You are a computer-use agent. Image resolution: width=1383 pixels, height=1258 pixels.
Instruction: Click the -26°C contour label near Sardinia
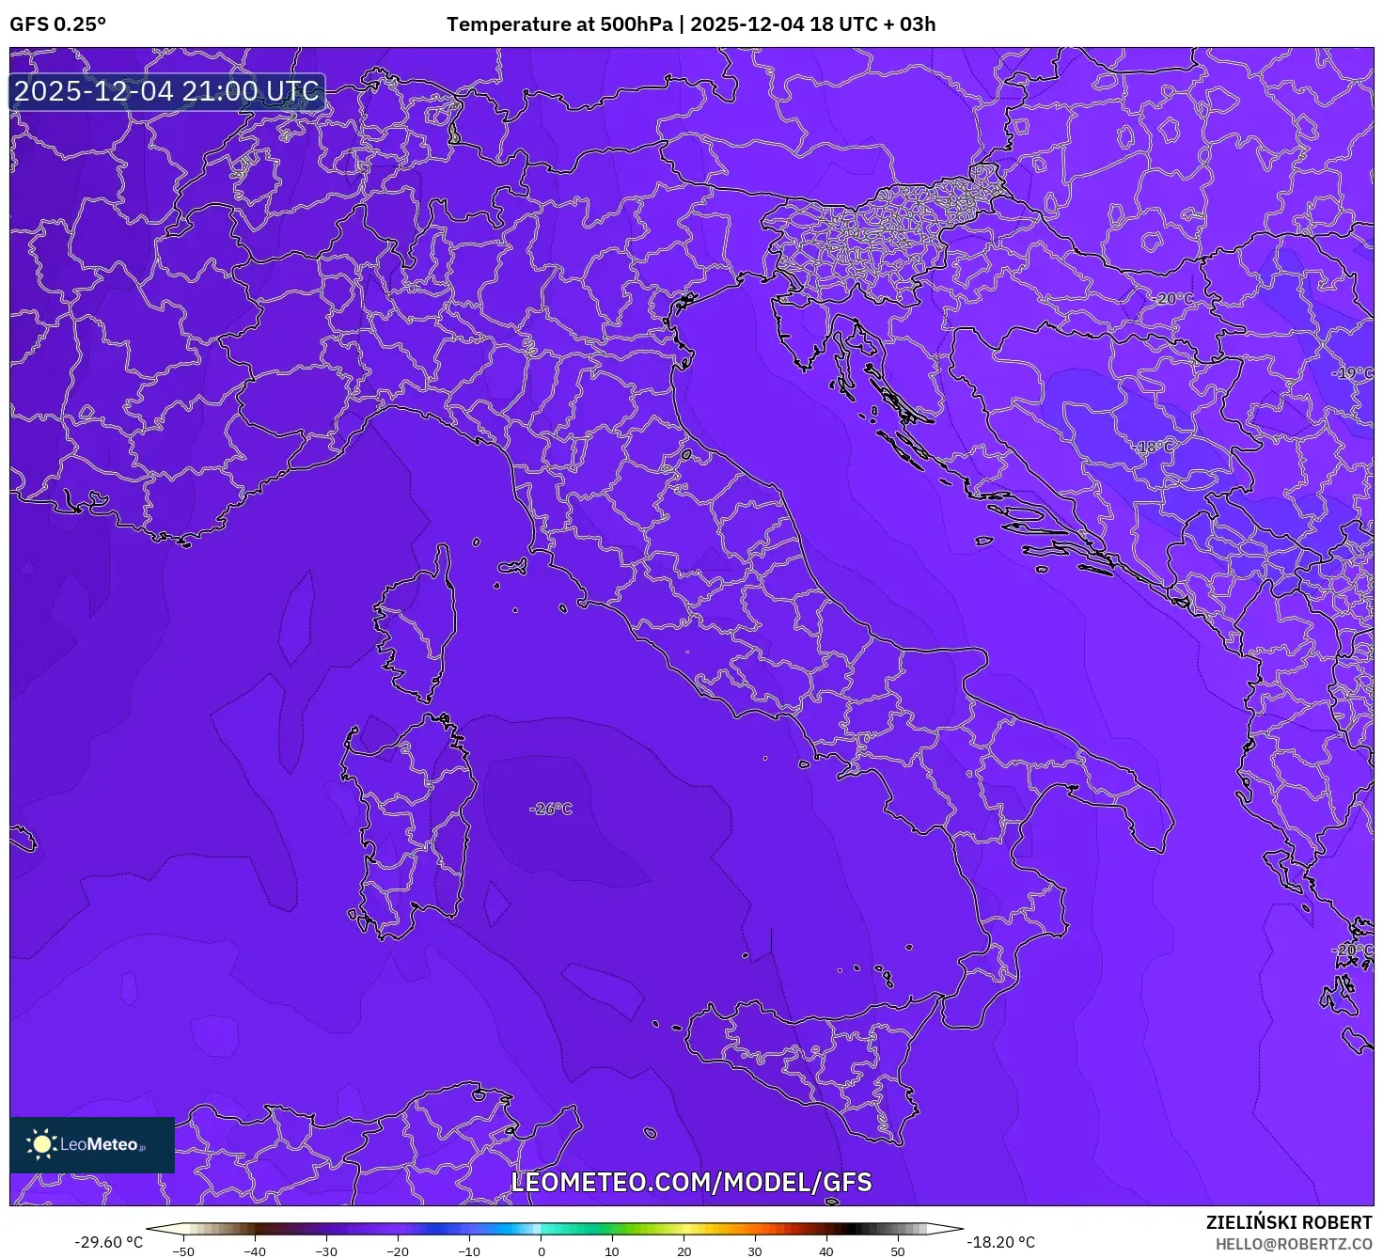coord(551,809)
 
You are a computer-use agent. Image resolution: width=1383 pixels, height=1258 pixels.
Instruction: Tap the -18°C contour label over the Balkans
coord(1155,448)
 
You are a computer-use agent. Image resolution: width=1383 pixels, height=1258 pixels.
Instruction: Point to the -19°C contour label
coord(1353,373)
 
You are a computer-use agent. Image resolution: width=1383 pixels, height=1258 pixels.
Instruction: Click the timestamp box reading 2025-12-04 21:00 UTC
coord(167,92)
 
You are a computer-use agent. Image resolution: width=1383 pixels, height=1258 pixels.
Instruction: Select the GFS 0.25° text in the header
coord(58,24)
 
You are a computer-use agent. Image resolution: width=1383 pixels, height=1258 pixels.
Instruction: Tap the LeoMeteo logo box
coord(92,1144)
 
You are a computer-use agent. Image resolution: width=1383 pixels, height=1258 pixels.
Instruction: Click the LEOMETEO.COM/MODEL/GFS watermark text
coord(691,1182)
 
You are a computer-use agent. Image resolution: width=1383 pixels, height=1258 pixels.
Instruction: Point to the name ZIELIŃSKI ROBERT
coord(1289,1222)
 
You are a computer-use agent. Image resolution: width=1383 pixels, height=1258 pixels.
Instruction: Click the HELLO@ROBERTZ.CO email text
coord(1294,1244)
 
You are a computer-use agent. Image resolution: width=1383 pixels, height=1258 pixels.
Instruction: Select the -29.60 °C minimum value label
coord(109,1242)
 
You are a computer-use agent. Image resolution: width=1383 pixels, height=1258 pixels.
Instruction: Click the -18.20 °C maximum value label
coord(1000,1242)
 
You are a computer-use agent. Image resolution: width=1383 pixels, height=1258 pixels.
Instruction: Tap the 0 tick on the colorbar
coord(541,1251)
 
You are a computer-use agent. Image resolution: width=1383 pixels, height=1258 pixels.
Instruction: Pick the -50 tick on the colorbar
coord(183,1251)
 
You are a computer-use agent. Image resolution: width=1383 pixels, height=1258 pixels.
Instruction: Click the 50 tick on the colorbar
coord(898,1251)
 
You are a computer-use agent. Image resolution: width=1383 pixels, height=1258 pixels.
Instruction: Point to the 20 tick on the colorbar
coord(684,1251)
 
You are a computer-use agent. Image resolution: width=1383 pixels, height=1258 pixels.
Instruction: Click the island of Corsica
coord(416,630)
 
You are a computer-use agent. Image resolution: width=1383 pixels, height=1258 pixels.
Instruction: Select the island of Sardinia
coord(409,827)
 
